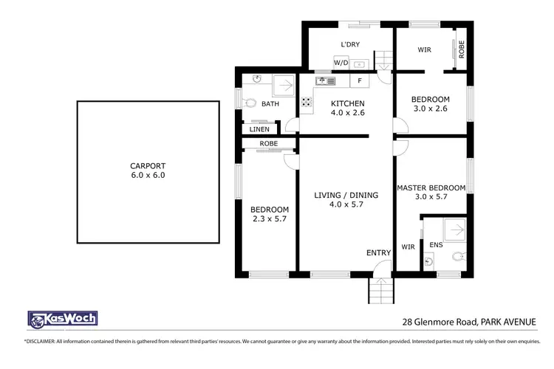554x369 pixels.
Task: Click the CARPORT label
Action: coord(148,166)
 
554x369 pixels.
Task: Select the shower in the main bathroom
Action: coord(283,86)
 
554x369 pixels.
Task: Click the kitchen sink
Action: coord(325,80)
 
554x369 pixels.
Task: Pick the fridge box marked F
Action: coord(360,80)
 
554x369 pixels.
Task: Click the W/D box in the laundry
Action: coord(341,63)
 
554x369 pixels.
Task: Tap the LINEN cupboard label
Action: coord(259,129)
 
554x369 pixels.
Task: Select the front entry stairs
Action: coord(380,291)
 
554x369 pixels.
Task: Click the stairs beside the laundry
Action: coord(383,60)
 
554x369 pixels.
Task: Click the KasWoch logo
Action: coord(62,319)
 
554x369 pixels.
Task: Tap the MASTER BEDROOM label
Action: coord(431,188)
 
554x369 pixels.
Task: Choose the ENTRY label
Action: coord(378,253)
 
